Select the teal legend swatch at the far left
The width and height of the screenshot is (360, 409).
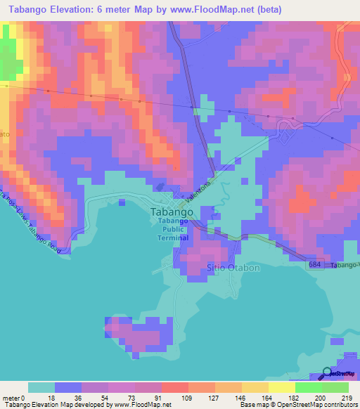[x=41, y=387]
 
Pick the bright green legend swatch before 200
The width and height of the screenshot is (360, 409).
[x=309, y=387]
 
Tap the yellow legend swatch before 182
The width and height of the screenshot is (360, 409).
[x=282, y=387]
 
